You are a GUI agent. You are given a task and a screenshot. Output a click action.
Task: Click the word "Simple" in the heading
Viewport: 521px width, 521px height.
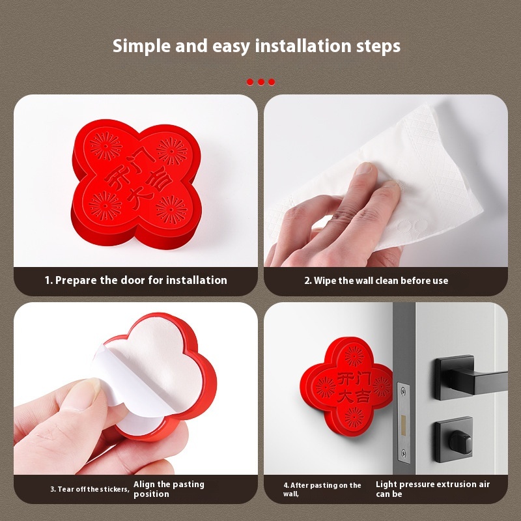pos(141,46)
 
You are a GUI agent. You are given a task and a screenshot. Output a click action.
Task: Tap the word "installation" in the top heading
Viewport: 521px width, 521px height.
pos(303,46)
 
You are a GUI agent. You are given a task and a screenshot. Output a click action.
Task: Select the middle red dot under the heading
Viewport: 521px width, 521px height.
pos(261,82)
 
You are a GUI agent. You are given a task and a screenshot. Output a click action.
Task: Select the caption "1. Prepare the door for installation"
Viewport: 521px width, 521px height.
pos(136,280)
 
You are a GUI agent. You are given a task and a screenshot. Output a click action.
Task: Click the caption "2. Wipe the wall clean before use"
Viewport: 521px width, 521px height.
pos(376,281)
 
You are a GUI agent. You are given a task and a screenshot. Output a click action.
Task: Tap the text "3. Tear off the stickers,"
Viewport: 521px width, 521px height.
pos(90,489)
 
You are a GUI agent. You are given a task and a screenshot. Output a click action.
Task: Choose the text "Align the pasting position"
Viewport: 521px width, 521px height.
pos(169,489)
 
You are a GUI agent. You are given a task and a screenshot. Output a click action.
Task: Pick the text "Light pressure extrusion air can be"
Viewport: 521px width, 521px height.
pos(432,489)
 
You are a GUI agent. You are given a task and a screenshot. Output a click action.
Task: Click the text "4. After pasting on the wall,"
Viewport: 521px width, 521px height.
pos(322,490)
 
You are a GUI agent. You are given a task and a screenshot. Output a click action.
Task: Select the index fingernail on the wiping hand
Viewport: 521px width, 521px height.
pos(364,169)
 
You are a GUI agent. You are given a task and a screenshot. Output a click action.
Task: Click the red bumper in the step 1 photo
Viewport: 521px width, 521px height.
pos(136,184)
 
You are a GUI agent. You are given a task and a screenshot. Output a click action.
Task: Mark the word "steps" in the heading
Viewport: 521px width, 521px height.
pos(378,46)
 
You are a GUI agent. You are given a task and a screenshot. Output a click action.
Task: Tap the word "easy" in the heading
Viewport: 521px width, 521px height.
pos(231,47)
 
